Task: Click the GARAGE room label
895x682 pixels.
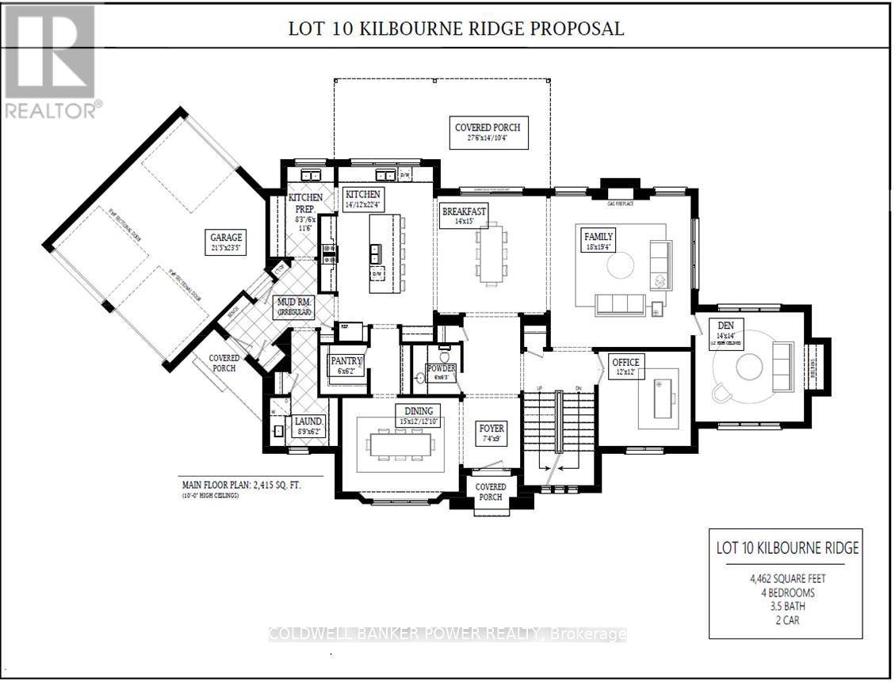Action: (x=226, y=236)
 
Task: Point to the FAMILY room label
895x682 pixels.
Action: (x=599, y=236)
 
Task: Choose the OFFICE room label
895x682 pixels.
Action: (x=625, y=362)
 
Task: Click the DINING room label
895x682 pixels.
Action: (x=419, y=410)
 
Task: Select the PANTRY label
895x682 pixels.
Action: (x=346, y=361)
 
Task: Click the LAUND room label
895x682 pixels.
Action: (x=308, y=422)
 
